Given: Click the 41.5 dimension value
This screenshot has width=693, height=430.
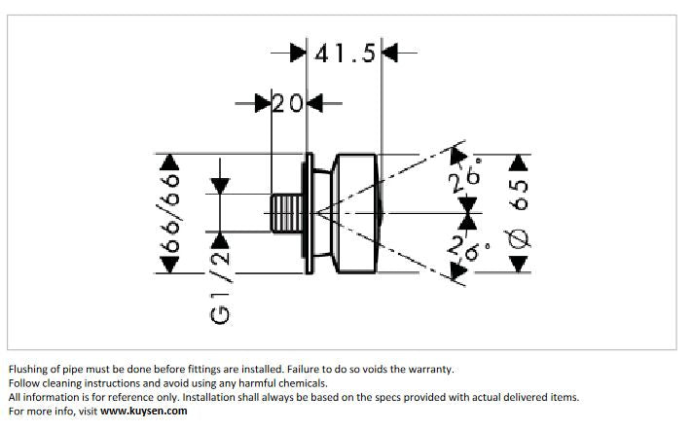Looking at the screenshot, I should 344,53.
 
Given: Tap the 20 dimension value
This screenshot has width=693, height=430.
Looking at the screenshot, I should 288,102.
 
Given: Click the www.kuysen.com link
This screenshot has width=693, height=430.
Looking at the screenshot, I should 143,411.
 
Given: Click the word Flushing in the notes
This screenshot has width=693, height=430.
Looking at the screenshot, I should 28,370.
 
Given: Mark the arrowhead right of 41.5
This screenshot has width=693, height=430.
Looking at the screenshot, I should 390,53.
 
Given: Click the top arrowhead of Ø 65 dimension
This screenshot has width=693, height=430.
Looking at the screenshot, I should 522,161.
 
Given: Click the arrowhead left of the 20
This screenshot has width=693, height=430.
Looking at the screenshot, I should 263,102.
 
